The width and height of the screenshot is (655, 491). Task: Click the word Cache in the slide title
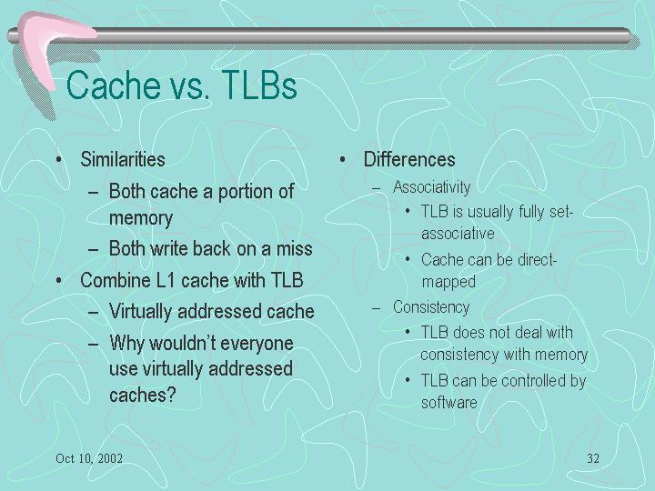[x=113, y=85]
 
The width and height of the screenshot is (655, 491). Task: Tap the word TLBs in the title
[x=259, y=85]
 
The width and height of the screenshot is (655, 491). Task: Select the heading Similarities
[x=123, y=159]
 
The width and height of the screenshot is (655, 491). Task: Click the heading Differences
[x=409, y=159]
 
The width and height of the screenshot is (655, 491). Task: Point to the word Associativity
[x=431, y=187]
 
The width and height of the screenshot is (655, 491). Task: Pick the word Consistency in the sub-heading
[x=431, y=307]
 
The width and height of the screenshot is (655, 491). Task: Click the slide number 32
[x=593, y=458]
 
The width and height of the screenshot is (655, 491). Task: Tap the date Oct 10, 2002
[x=89, y=458]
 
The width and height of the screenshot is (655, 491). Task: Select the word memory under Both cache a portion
[x=141, y=218]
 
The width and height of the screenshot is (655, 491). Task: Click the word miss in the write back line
[x=295, y=249]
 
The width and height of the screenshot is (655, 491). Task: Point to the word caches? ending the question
[x=143, y=395]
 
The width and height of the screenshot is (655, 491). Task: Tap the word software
[x=449, y=403]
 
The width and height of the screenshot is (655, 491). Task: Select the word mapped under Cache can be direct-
[x=448, y=282]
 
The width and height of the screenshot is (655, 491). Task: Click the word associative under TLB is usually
[x=458, y=234]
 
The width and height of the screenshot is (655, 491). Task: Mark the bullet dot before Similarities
[x=59, y=159]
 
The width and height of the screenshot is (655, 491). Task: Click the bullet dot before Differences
[x=343, y=159]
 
